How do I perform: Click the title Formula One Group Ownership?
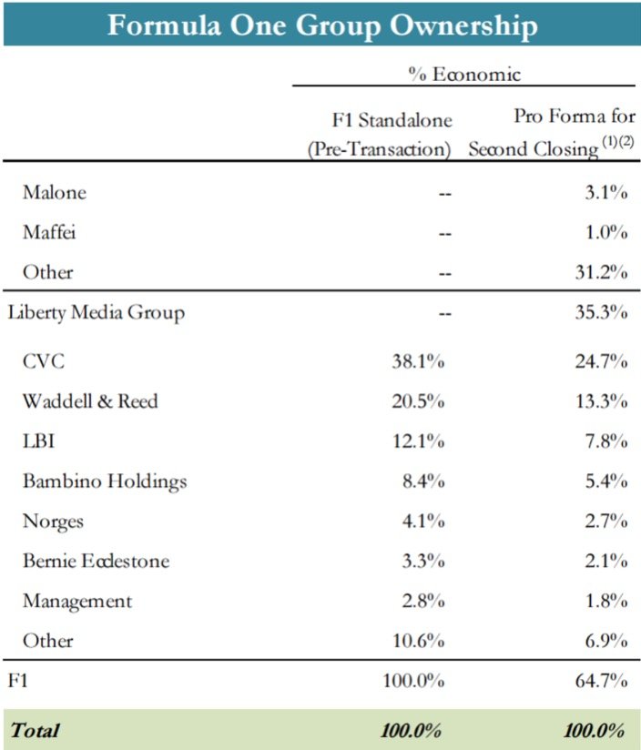point(322,25)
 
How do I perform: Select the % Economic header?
point(464,75)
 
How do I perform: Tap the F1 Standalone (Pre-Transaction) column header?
point(380,135)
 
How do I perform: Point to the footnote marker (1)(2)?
point(618,141)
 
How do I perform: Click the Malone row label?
point(55,192)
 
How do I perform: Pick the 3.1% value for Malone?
point(606,192)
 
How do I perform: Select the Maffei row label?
point(49,232)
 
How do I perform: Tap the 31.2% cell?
point(601,272)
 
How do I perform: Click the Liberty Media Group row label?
point(97,313)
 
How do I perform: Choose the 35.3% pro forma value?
point(601,312)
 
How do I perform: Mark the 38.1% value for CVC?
point(418,361)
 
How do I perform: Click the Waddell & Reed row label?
point(90,400)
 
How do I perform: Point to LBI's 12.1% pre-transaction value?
point(419,441)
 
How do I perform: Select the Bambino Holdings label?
point(105,481)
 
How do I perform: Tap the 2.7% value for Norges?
point(606,521)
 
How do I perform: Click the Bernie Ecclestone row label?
point(96,561)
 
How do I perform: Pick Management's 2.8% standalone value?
point(423,601)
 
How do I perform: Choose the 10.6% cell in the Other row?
point(419,641)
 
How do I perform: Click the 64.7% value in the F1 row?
point(601,680)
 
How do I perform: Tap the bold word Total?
point(35,730)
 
